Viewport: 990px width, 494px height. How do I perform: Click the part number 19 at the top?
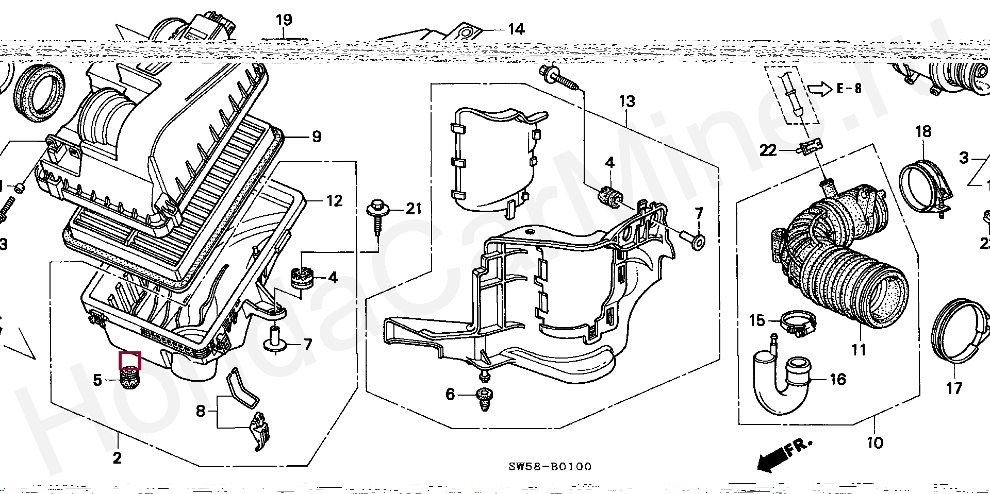coord(284,21)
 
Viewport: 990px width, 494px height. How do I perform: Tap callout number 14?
coord(516,29)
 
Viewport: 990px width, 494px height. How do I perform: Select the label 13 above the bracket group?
coord(627,101)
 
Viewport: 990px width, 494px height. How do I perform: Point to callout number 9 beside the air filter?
coord(317,137)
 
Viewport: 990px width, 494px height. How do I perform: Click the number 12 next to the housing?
coord(334,201)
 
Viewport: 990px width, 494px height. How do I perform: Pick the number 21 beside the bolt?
coord(414,209)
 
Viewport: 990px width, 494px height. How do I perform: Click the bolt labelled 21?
coord(376,216)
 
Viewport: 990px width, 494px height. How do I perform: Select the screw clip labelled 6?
coord(485,399)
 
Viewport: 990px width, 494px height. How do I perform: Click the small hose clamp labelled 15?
coord(798,323)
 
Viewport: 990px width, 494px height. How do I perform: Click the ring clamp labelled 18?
coord(925,185)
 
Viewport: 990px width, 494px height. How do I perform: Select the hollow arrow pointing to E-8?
coord(819,89)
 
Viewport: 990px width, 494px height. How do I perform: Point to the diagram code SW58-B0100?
coord(550,467)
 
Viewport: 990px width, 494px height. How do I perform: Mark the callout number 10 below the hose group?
coord(874,442)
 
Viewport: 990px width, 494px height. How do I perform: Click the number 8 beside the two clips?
coord(201,411)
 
